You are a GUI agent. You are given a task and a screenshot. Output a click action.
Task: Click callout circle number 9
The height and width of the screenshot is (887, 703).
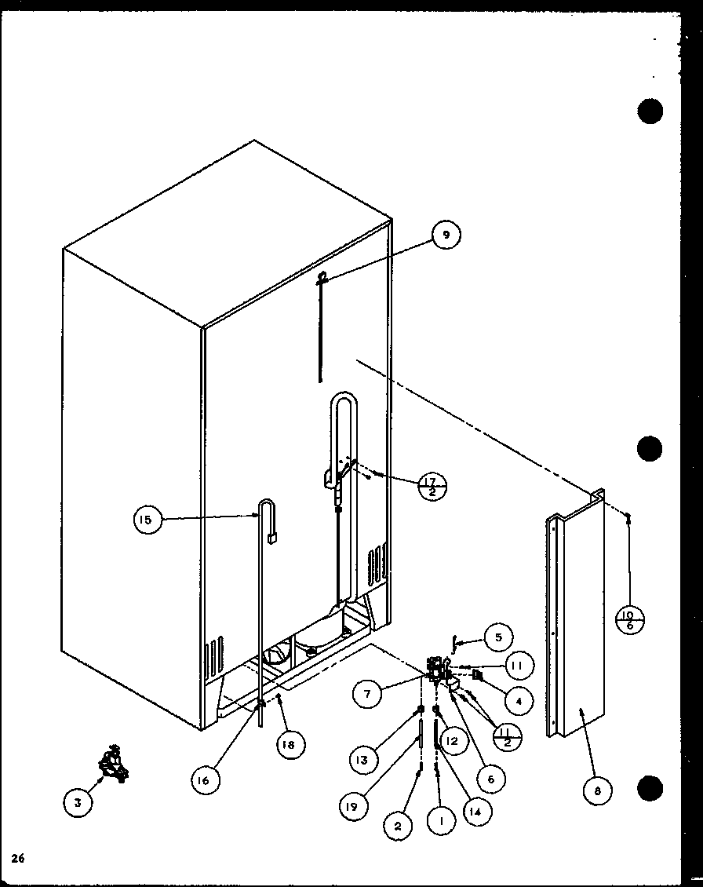[x=446, y=234]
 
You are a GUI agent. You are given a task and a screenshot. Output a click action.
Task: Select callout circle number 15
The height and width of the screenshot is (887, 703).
[x=148, y=519]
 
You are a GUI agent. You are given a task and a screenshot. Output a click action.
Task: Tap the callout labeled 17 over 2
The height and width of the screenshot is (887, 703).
[x=433, y=487]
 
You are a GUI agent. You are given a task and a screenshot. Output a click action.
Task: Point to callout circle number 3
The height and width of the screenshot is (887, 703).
[x=78, y=801]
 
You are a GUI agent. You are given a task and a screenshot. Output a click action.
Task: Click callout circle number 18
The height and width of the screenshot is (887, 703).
[x=290, y=745]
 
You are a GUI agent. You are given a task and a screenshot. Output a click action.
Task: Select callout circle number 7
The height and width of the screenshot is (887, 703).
[x=367, y=693]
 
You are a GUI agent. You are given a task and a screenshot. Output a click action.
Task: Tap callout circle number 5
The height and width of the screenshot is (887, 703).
[x=497, y=637]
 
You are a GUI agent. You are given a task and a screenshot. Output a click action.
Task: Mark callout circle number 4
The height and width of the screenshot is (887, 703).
[x=519, y=699]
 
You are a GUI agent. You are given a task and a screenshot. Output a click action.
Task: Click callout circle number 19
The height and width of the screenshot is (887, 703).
[x=355, y=805]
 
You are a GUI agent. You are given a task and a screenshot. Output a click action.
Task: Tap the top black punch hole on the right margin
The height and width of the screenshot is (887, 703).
[x=650, y=112]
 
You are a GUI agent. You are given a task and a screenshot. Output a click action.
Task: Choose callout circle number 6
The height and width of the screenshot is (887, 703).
[x=490, y=779]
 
